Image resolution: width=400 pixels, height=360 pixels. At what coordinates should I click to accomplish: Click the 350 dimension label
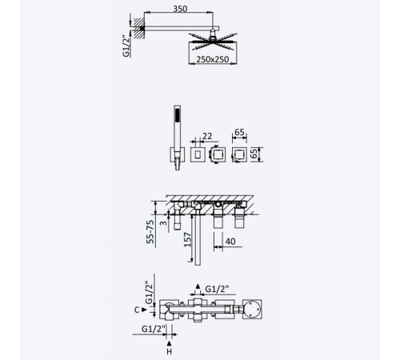[180, 9]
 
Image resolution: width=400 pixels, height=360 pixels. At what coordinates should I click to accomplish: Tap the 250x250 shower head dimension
[213, 59]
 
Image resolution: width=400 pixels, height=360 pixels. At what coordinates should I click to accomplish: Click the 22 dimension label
[207, 136]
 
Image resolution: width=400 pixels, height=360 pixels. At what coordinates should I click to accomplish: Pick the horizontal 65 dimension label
[239, 132]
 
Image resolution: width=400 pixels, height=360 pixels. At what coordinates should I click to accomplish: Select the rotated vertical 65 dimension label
[254, 154]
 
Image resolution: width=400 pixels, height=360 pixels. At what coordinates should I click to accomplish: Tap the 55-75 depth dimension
[150, 231]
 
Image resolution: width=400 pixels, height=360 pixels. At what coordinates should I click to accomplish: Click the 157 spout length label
[188, 240]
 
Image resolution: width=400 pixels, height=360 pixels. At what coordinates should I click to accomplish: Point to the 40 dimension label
[230, 242]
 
